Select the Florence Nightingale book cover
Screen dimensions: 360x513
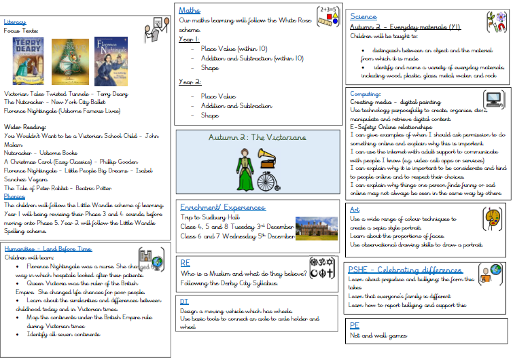111,61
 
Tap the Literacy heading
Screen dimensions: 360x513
15,21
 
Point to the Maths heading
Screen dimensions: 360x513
190,10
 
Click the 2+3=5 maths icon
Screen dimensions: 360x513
328,17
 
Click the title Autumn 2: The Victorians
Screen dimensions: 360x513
258,137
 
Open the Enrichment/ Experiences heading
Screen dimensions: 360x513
222,206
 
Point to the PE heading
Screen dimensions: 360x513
354,325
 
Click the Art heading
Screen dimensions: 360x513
355,210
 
